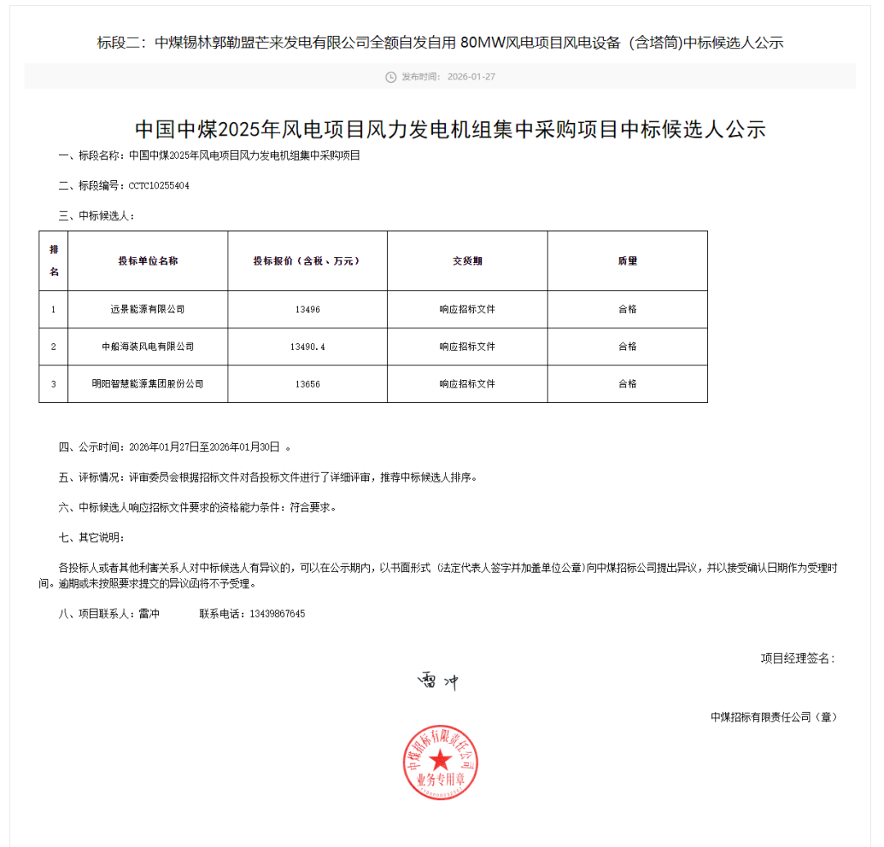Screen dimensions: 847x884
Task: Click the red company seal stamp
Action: click(440, 763)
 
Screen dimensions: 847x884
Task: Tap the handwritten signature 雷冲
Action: click(439, 681)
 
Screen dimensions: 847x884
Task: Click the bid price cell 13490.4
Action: click(307, 346)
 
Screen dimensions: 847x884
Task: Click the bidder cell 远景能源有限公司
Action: click(147, 310)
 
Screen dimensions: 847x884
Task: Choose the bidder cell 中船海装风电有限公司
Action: click(147, 346)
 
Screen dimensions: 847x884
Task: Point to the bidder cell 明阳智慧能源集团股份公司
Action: click(147, 383)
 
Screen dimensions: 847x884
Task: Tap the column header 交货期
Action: click(467, 260)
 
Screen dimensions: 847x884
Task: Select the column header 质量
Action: click(627, 260)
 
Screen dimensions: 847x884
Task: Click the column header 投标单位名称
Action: click(147, 260)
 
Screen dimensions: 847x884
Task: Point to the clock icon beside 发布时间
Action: click(390, 77)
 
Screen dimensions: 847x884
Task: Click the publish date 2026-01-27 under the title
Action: click(471, 77)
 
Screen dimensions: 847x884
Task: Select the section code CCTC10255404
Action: click(159, 186)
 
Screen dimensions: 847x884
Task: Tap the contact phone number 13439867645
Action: click(277, 614)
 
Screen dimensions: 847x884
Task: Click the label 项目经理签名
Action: click(797, 658)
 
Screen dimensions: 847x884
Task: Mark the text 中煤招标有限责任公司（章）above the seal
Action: click(773, 717)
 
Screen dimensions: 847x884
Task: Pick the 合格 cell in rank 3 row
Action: click(627, 383)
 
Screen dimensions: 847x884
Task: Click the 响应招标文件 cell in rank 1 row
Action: click(467, 310)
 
